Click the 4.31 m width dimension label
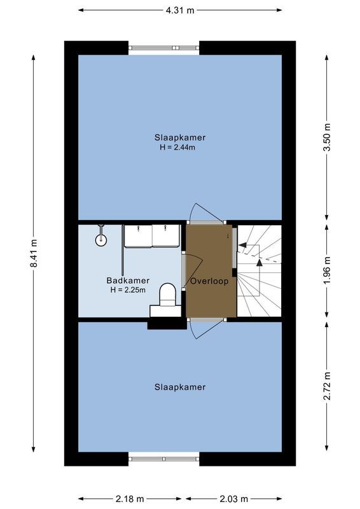(x=180, y=10)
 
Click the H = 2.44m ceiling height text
(x=180, y=148)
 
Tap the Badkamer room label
(x=128, y=280)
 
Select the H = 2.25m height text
(x=128, y=290)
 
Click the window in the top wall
(x=164, y=48)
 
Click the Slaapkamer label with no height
(x=180, y=387)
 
